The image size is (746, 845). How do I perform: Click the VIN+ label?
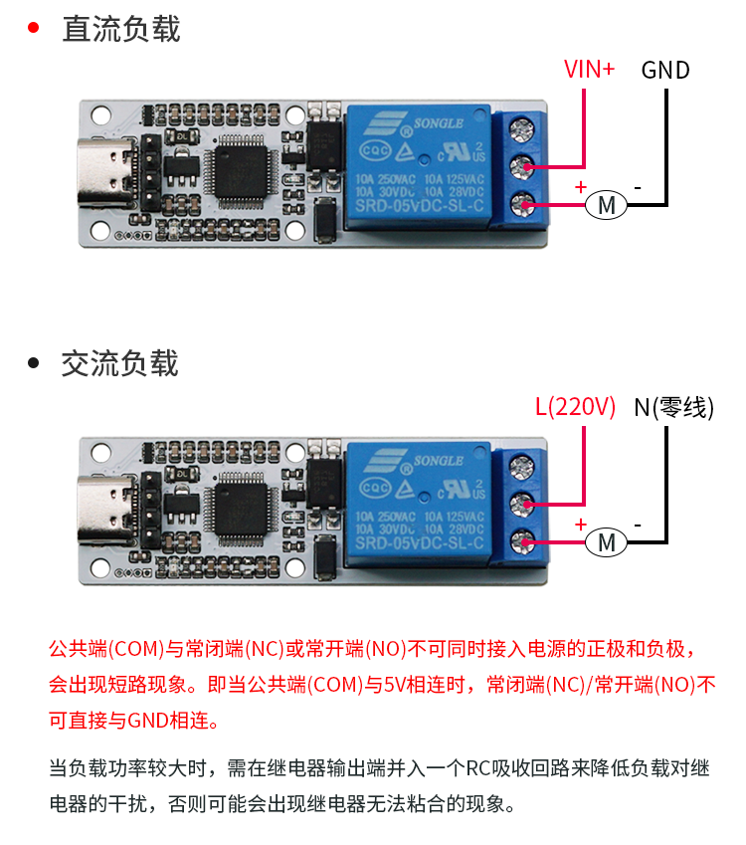(589, 70)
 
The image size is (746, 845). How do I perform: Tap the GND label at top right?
(665, 70)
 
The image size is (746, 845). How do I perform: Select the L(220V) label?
(575, 407)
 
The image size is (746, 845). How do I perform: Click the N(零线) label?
(673, 407)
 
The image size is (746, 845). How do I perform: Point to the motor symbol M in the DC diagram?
(605, 205)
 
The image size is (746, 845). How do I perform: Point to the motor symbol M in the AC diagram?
(605, 542)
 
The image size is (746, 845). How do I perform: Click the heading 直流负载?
(120, 29)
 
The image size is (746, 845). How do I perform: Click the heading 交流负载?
(120, 363)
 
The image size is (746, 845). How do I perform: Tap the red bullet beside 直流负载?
(33, 28)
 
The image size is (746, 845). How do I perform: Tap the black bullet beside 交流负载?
(33, 363)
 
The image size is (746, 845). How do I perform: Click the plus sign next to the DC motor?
(581, 186)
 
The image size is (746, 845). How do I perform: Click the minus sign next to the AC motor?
(638, 524)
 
